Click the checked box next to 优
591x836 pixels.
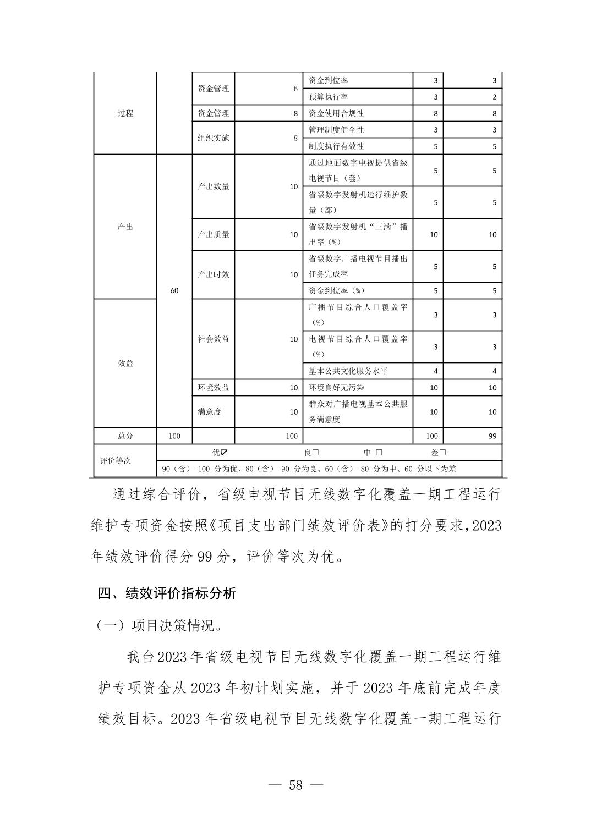click(224, 452)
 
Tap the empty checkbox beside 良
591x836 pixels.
click(315, 452)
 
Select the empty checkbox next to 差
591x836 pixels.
click(442, 452)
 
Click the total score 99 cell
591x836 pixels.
click(492, 436)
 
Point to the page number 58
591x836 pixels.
click(295, 785)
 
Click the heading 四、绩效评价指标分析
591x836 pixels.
click(167, 593)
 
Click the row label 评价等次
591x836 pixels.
click(116, 460)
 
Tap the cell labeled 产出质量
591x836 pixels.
click(214, 234)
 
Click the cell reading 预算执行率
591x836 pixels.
click(328, 97)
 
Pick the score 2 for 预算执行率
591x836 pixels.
click(494, 97)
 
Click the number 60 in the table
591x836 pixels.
click(174, 290)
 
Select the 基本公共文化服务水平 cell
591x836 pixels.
click(348, 371)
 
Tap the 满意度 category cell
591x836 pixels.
click(210, 411)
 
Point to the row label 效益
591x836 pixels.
click(125, 363)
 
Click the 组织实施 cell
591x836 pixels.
click(214, 137)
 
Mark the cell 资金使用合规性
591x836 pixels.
click(336, 113)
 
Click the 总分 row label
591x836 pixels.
click(125, 436)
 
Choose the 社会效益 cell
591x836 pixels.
click(214, 339)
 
